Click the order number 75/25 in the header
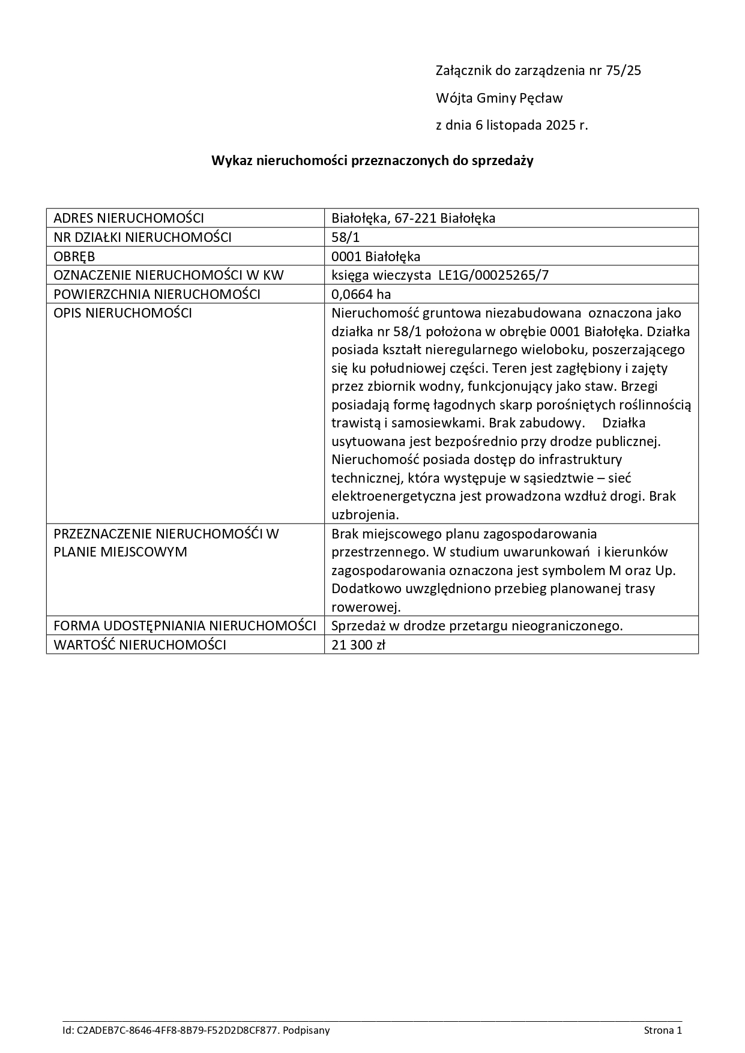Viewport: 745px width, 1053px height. coord(624,70)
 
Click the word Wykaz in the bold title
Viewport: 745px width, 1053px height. coord(232,161)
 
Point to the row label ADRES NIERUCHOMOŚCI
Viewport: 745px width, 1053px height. coord(128,218)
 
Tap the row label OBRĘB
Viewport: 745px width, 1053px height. coord(74,256)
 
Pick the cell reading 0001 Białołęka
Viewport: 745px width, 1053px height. coord(376,256)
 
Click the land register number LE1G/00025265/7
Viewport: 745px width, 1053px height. coord(490,276)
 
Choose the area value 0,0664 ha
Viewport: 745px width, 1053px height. coord(361,294)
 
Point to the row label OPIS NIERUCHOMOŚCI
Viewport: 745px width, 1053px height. coord(122,313)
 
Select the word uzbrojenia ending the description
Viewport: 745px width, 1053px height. coord(364,514)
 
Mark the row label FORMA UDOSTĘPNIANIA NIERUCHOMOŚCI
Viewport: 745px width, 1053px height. coord(185,626)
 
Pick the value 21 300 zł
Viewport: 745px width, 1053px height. coord(358,645)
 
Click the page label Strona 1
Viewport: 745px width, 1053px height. coord(663,1030)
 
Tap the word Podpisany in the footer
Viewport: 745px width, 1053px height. coord(307,1030)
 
